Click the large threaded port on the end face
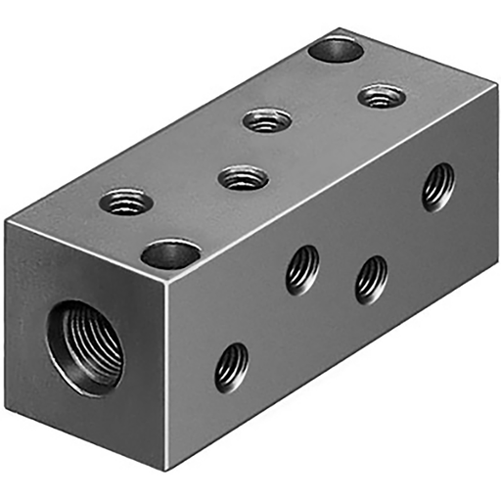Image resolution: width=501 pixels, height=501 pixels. click(86, 347)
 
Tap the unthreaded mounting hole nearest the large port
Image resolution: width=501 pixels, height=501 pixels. click(170, 255)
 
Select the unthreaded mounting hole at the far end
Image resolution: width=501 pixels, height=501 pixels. click(336, 48)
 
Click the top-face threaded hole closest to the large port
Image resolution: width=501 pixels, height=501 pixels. click(126, 203)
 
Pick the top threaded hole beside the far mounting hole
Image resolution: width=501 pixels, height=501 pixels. click(382, 96)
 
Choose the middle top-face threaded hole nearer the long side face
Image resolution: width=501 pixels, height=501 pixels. click(244, 178)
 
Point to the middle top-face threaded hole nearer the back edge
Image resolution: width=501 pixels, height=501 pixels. click(268, 120)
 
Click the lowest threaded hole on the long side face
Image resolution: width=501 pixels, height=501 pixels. click(232, 367)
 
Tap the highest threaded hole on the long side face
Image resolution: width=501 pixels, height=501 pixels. click(438, 186)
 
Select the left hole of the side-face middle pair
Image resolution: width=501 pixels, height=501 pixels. click(303, 270)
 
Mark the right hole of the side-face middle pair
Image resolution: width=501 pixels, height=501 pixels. click(371, 279)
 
